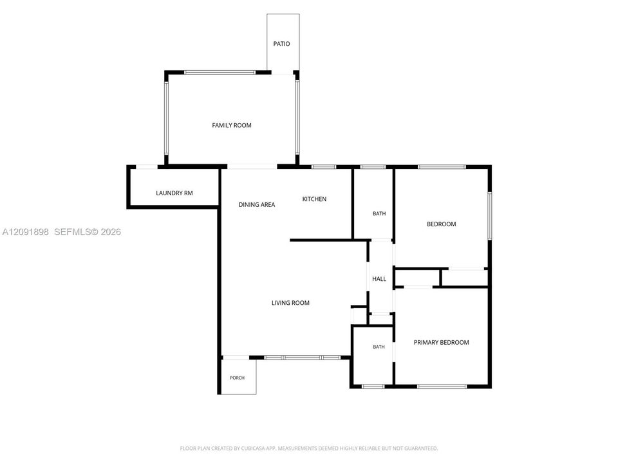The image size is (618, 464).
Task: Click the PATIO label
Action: click(281, 44)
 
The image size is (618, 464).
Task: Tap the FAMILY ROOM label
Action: click(232, 126)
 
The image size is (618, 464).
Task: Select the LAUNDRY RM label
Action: click(174, 193)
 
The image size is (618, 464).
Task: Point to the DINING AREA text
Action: click(257, 204)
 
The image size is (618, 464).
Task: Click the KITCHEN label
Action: click(314, 199)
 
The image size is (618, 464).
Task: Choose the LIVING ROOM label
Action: click(290, 303)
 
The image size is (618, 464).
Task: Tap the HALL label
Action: click(379, 279)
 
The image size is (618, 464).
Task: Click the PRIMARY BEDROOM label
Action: click(442, 342)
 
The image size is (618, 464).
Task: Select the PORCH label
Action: click(238, 378)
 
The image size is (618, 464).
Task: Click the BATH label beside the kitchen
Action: click(379, 213)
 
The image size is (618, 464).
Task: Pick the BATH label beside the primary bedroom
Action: click(379, 347)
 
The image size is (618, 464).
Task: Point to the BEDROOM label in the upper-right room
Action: click(442, 224)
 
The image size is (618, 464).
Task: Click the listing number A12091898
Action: click(26, 232)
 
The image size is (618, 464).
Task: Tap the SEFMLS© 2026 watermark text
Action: click(88, 232)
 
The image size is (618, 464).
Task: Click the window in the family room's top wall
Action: click(220, 73)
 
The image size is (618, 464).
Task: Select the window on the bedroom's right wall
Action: click(489, 215)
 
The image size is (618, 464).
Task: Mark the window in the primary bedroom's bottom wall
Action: click(442, 386)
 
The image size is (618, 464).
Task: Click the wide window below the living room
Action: click(303, 358)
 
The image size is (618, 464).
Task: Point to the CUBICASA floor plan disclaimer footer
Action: click(308, 449)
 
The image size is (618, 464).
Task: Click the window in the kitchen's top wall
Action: click(324, 167)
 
